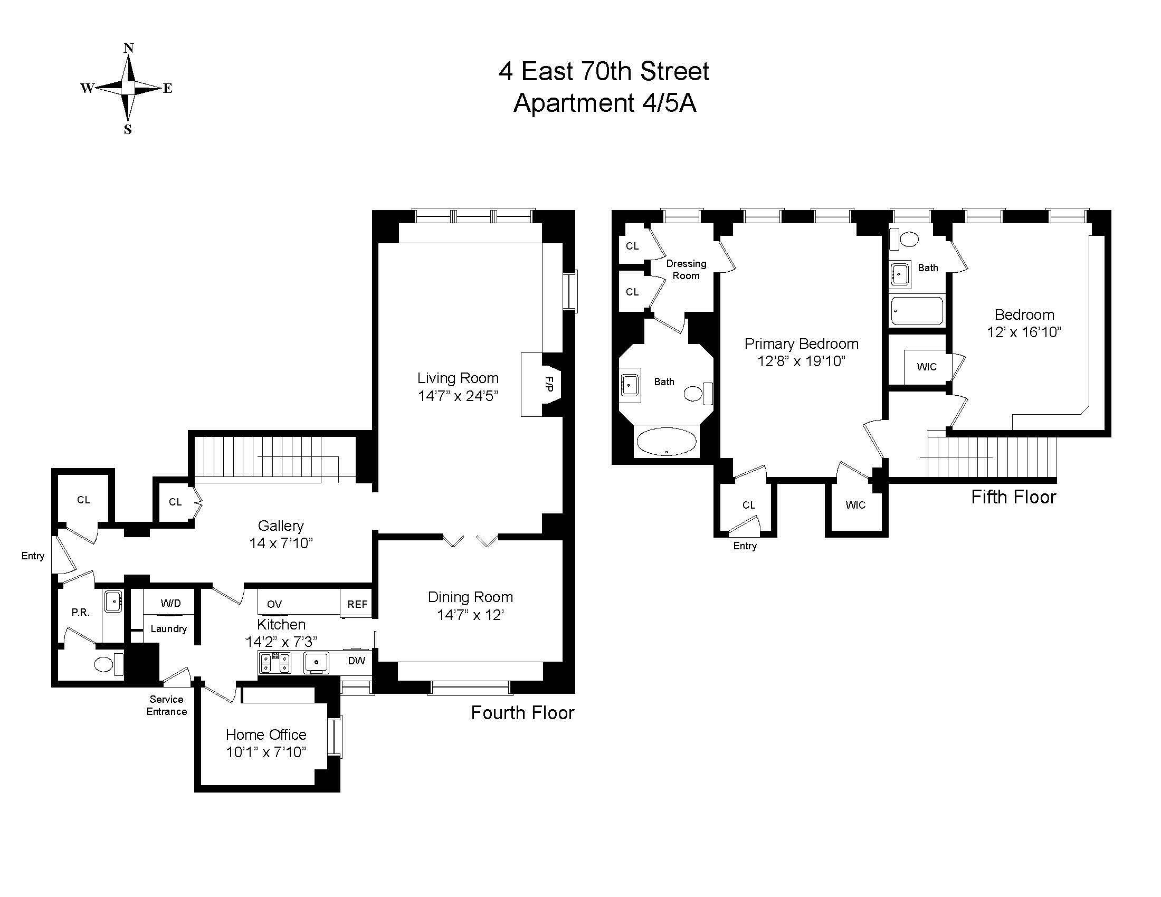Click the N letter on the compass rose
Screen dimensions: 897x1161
pos(128,49)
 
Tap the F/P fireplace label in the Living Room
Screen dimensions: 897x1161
pos(549,384)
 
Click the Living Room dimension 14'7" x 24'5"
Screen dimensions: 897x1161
pos(458,396)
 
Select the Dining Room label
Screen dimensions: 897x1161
pos(470,597)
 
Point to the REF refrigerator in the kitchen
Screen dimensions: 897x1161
pos(357,604)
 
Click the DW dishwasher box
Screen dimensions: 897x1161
pos(356,661)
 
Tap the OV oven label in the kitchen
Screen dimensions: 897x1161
pos(274,604)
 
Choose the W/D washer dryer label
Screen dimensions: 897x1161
pos(170,603)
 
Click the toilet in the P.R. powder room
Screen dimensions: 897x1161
pos(104,664)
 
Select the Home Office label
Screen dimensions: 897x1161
pos(266,734)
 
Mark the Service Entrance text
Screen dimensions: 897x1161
pos(166,705)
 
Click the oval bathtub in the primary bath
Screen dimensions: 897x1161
pos(666,442)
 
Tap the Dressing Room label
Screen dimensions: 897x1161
pos(686,270)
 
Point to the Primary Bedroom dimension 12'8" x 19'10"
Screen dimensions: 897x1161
pos(801,361)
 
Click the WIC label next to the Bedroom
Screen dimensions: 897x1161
pos(927,367)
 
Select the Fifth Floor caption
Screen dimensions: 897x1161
pos(1013,497)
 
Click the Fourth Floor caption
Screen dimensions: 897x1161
pos(522,713)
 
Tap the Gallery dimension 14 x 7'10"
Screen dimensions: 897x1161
pos(281,543)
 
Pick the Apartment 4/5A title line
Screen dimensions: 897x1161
pos(604,103)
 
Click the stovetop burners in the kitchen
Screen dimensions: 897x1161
pos(275,662)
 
